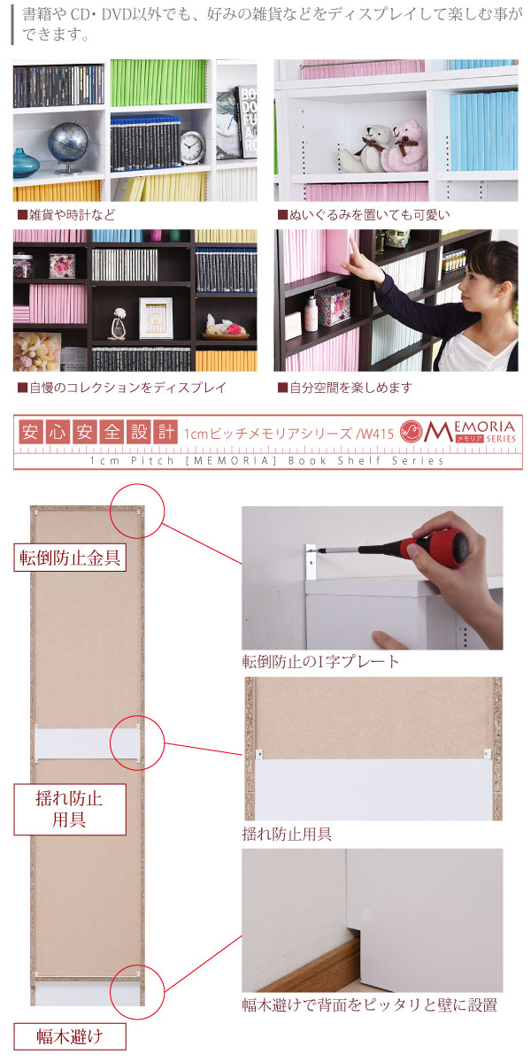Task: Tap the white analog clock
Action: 193,147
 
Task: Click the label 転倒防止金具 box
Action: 70,557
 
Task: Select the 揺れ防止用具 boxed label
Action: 70,809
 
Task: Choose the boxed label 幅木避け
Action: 70,1036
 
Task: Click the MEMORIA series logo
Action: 458,431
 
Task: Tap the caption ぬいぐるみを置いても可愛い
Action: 364,215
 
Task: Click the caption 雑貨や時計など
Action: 66,215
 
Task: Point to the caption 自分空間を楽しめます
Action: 344,388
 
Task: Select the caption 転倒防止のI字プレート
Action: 321,661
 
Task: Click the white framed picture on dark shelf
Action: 156,318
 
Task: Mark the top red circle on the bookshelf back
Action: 137,511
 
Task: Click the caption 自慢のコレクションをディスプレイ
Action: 122,388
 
